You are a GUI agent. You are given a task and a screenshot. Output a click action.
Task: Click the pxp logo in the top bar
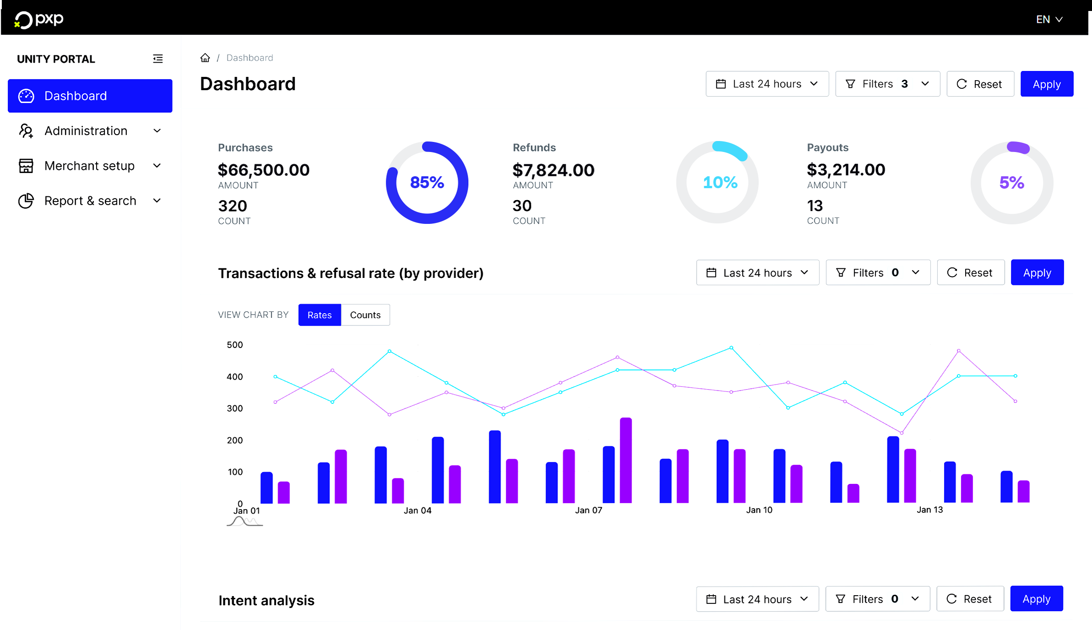[x=39, y=19]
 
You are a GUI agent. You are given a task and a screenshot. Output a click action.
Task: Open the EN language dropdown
[x=1049, y=19]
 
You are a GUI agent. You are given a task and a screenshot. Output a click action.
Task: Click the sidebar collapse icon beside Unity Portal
[x=158, y=59]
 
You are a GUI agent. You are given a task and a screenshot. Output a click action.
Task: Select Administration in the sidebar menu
[x=86, y=131]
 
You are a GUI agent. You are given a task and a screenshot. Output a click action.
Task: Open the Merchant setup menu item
[x=89, y=166]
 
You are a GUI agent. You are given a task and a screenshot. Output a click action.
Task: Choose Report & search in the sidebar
[x=90, y=201]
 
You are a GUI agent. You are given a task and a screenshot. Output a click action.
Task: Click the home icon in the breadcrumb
[x=205, y=58]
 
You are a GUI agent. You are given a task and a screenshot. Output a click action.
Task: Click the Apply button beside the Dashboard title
[x=1046, y=84]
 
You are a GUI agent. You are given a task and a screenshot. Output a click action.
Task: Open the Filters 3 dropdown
[x=887, y=84]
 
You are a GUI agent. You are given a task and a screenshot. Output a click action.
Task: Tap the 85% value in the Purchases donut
[x=427, y=183]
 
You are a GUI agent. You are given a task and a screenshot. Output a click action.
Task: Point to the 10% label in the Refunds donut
[x=719, y=183]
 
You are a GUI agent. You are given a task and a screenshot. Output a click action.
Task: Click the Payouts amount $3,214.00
[x=846, y=170]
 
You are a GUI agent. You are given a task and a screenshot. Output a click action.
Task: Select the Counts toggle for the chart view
[x=365, y=315]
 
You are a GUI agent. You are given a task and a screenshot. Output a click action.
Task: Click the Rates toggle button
[x=319, y=315]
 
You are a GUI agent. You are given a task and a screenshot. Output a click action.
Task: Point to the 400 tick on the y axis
[x=235, y=377]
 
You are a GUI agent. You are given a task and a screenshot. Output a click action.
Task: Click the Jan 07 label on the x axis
[x=589, y=510]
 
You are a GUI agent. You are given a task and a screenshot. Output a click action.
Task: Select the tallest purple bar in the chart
[x=626, y=460]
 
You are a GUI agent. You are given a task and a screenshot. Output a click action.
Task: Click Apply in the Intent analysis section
[x=1036, y=599]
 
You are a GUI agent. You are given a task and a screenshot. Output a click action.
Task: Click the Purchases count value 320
[x=232, y=206]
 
